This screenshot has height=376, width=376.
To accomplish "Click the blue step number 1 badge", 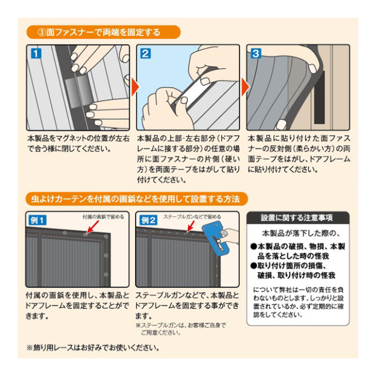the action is (x=36, y=53).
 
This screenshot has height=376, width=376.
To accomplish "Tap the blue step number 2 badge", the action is (x=146, y=53).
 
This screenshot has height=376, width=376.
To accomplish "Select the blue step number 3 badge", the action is (x=256, y=53).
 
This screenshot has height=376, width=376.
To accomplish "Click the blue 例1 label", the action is (x=38, y=220).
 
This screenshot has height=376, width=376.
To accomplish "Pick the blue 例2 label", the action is (x=149, y=220).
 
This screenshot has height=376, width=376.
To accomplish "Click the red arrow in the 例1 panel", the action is (x=92, y=227).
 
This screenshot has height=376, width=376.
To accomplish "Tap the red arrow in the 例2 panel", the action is (x=191, y=226).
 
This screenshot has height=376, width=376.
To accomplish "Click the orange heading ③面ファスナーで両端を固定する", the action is (x=103, y=32).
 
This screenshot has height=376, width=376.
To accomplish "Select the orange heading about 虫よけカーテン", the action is (x=136, y=199).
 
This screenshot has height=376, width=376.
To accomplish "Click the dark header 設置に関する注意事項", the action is (x=298, y=218).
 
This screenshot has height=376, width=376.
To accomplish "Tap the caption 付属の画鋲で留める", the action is (x=103, y=217).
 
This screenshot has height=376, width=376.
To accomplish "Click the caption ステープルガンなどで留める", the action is (x=192, y=217).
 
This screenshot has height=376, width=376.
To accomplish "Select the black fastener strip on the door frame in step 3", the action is (x=320, y=97).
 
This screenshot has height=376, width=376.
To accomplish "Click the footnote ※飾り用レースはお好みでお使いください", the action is (x=93, y=348).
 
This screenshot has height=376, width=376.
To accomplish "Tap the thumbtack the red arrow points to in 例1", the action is (x=85, y=234).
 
